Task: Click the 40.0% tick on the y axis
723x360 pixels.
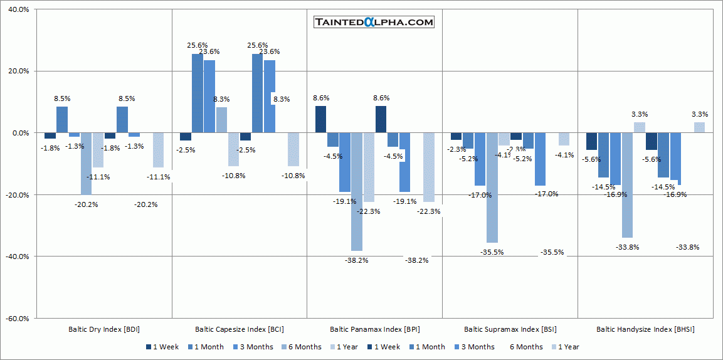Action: pyautogui.click(x=18, y=10)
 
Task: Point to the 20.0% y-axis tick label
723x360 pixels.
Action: pyautogui.click(x=18, y=71)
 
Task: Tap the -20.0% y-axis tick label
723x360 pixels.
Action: pyautogui.click(x=17, y=195)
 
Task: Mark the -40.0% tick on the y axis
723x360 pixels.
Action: pyautogui.click(x=17, y=257)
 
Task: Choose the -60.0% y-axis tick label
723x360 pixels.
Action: pyautogui.click(x=17, y=319)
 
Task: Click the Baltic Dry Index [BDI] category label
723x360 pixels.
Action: pyautogui.click(x=104, y=329)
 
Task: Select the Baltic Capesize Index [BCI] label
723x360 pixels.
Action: pyautogui.click(x=240, y=329)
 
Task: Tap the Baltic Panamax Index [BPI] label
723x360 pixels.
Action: pyautogui.click(x=375, y=329)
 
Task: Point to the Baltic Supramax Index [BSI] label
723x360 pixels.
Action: pyautogui.click(x=510, y=329)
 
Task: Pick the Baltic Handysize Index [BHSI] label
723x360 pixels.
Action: pyautogui.click(x=645, y=329)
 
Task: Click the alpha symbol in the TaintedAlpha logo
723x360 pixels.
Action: pyautogui.click(x=369, y=23)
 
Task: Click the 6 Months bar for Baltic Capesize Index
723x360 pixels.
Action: pyautogui.click(x=221, y=120)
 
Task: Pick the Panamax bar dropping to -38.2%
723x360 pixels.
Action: pyautogui.click(x=357, y=191)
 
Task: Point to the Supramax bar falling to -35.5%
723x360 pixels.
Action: pyautogui.click(x=492, y=188)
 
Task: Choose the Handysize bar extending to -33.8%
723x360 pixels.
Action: pyautogui.click(x=627, y=185)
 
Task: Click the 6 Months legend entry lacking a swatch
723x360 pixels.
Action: pyautogui.click(x=526, y=347)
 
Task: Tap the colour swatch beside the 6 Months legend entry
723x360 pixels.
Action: pyautogui.click(x=284, y=347)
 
